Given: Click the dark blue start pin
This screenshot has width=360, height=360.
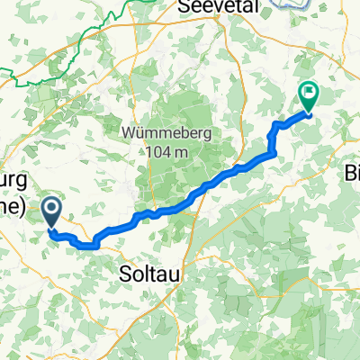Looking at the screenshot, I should (51, 212).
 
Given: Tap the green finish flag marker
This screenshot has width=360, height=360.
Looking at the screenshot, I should (310, 94).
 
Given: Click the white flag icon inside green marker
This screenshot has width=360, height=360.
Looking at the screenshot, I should (310, 90).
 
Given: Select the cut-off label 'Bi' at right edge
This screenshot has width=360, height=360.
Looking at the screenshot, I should (352, 172).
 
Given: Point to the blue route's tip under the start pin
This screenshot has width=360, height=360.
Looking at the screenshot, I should (51, 229).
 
